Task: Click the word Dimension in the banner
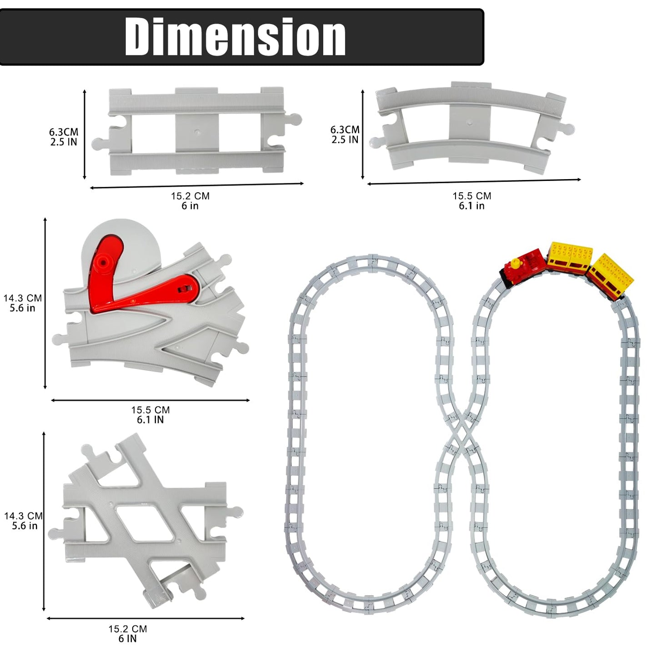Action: pyautogui.click(x=235, y=36)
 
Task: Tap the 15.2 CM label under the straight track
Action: pyautogui.click(x=190, y=196)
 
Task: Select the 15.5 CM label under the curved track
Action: pyautogui.click(x=472, y=196)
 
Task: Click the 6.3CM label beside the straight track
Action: pyautogui.click(x=64, y=132)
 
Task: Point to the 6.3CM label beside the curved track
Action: pyautogui.click(x=345, y=130)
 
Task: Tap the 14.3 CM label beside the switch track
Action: pyautogui.click(x=22, y=298)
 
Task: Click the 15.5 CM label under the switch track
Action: pyautogui.click(x=150, y=410)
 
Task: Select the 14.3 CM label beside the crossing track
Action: pyautogui.click(x=23, y=516)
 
